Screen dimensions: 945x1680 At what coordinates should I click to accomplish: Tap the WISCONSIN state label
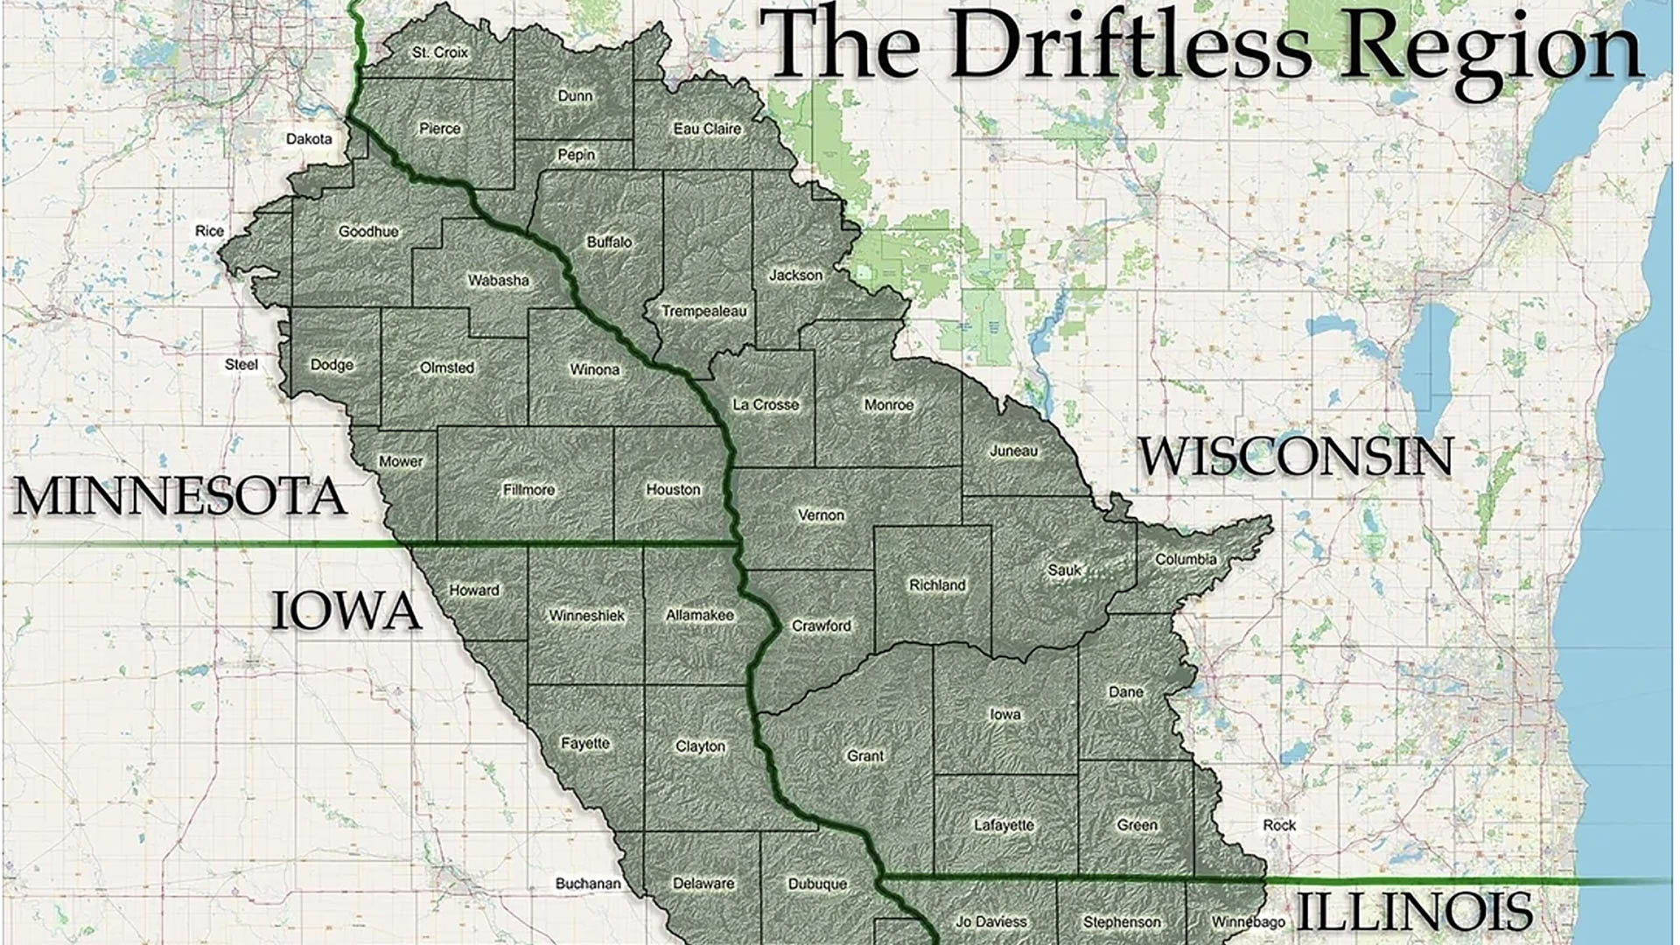pyautogui.click(x=1295, y=457)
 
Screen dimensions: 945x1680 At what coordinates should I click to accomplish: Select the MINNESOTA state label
pyautogui.click(x=179, y=496)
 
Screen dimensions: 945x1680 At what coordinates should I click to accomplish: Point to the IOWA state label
pyautogui.click(x=346, y=611)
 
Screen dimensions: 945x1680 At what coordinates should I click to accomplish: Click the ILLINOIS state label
pyautogui.click(x=1413, y=912)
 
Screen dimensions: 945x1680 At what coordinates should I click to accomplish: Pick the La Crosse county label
pyautogui.click(x=766, y=405)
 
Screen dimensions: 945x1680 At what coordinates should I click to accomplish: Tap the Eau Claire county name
pyautogui.click(x=707, y=129)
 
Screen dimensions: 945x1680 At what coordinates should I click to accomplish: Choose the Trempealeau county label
pyautogui.click(x=703, y=311)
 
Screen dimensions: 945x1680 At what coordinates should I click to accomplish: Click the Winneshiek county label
pyautogui.click(x=586, y=616)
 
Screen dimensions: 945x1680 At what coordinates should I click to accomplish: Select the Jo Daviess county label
pyautogui.click(x=990, y=921)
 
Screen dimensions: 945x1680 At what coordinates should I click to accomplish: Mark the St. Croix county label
pyautogui.click(x=440, y=52)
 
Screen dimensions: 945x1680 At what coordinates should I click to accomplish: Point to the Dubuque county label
pyautogui.click(x=817, y=884)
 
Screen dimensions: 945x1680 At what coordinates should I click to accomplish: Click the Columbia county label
pyautogui.click(x=1186, y=559)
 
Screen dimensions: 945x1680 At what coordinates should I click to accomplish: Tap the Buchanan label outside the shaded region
pyautogui.click(x=588, y=884)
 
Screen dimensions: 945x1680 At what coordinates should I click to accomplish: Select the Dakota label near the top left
pyautogui.click(x=309, y=139)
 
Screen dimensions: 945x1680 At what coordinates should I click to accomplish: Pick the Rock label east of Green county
pyautogui.click(x=1279, y=825)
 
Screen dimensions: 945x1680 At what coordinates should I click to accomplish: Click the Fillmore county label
pyautogui.click(x=528, y=490)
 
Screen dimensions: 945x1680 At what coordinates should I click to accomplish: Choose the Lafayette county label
pyautogui.click(x=1004, y=825)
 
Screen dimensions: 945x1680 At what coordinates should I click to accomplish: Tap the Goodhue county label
pyautogui.click(x=368, y=232)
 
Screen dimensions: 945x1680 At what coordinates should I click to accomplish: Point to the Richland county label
pyautogui.click(x=937, y=584)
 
